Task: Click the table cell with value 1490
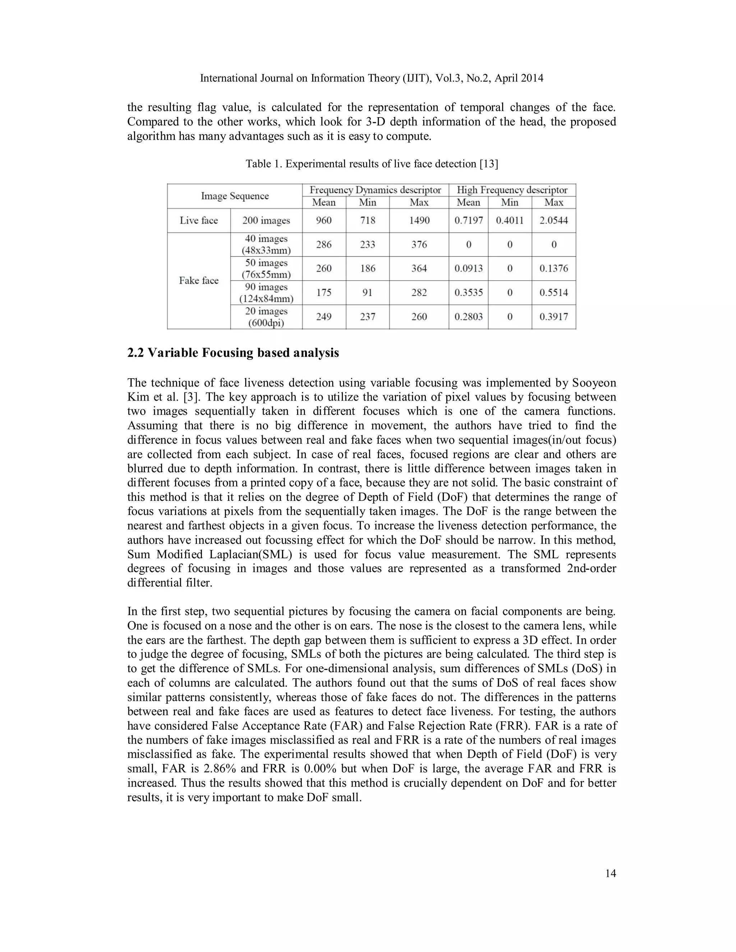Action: (419, 221)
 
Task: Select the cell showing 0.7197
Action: (468, 221)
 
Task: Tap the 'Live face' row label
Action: (198, 221)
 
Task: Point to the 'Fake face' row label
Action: (198, 280)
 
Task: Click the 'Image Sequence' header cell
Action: (235, 196)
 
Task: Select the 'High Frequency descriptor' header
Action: (512, 190)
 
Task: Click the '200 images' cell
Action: (266, 221)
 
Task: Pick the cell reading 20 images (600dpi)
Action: (266, 317)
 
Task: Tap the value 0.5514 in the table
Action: (554, 292)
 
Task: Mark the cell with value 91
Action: (367, 292)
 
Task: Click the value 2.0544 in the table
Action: (554, 221)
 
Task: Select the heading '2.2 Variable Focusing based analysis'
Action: (233, 353)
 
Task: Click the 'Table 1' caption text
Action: (372, 164)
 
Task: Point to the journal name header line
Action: (372, 78)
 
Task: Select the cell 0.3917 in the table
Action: (554, 317)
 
